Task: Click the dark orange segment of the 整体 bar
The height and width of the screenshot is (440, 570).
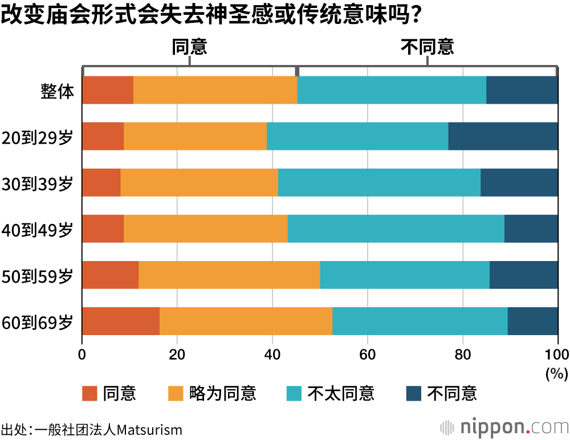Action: pyautogui.click(x=108, y=90)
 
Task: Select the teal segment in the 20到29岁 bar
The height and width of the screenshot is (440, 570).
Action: pyautogui.click(x=357, y=136)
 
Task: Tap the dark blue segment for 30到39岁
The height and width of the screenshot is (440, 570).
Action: pyautogui.click(x=519, y=182)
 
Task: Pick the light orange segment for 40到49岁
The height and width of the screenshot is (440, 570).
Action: pyautogui.click(x=206, y=229)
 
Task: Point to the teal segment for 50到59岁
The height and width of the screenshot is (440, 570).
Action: pyautogui.click(x=405, y=275)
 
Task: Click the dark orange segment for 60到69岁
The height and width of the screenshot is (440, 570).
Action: pyautogui.click(x=121, y=321)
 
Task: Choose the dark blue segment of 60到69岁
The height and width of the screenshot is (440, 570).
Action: pyautogui.click(x=532, y=321)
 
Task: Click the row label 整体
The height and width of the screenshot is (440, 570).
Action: pyautogui.click(x=57, y=91)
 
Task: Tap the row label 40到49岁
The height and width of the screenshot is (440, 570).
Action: pyautogui.click(x=38, y=229)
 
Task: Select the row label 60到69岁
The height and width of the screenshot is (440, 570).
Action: pyautogui.click(x=38, y=321)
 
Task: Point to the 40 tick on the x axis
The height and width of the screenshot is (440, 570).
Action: pyautogui.click(x=272, y=355)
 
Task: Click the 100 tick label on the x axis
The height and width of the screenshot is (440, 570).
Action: pyautogui.click(x=557, y=355)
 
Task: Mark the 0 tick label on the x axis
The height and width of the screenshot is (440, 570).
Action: pyautogui.click(x=83, y=355)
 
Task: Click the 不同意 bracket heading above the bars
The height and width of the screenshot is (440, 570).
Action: pyautogui.click(x=427, y=47)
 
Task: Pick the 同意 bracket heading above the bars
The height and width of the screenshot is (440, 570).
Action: pyautogui.click(x=189, y=47)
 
